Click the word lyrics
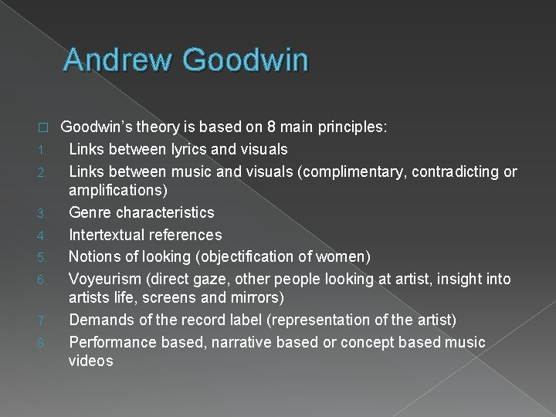click(x=178, y=149)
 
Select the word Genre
click(x=90, y=212)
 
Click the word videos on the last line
click(x=91, y=361)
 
